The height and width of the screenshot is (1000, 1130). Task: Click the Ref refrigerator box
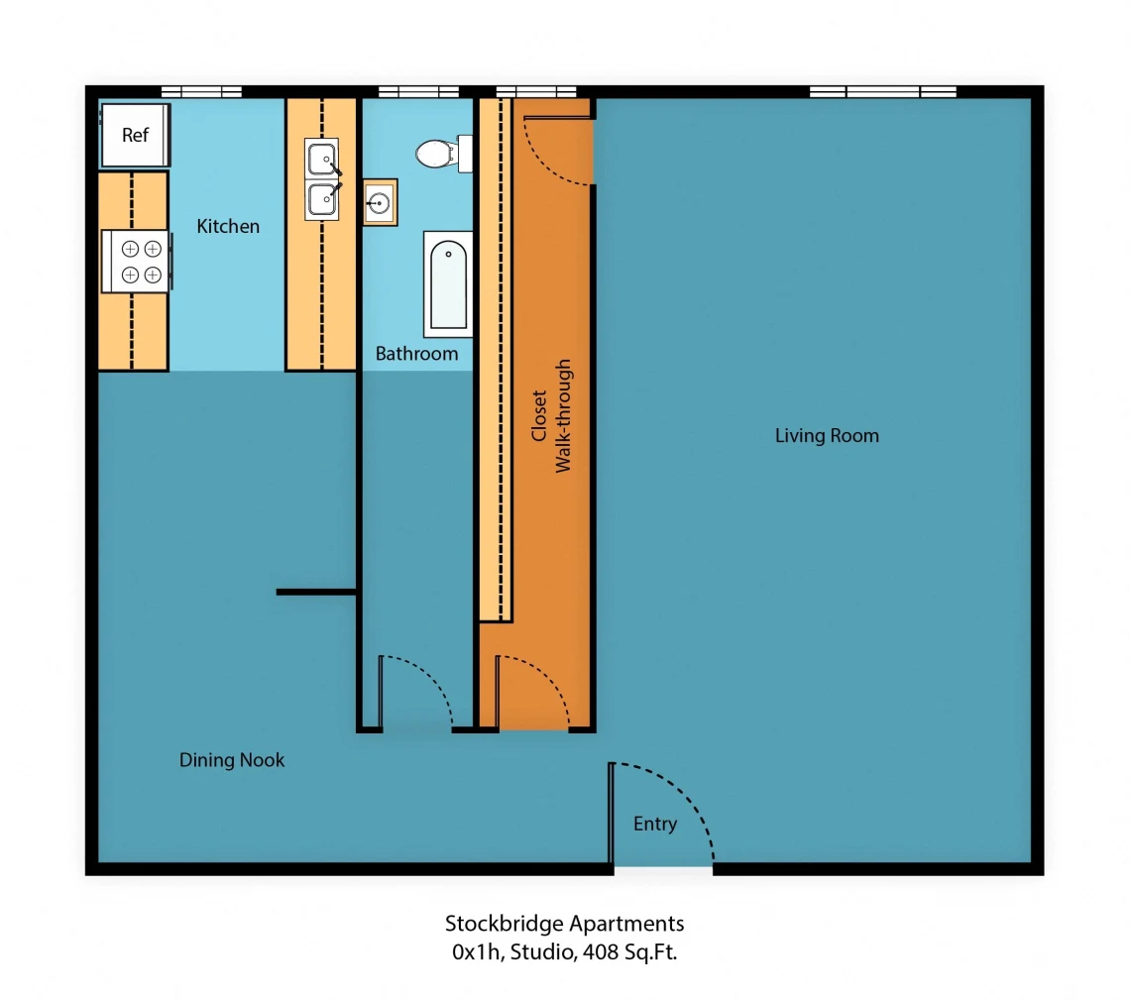point(136,135)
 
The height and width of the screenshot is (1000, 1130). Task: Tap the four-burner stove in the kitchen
point(137,261)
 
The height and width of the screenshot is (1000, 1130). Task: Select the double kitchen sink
point(322,179)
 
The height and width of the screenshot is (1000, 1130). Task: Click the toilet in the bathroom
point(444,154)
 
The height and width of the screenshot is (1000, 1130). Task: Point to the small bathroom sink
point(380,202)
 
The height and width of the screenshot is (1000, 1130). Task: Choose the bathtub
point(448,283)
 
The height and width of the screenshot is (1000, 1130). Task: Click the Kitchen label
point(228,226)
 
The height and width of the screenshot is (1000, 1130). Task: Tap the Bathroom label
point(416,354)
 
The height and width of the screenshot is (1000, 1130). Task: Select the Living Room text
point(827,436)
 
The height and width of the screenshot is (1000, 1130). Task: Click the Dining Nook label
point(231,760)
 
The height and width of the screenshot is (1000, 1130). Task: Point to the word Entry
point(655,825)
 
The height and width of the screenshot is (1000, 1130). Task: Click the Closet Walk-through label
point(551,416)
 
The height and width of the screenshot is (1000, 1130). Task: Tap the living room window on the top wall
point(883,91)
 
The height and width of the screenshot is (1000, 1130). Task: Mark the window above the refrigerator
point(201,91)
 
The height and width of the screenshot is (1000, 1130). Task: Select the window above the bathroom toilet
point(418,91)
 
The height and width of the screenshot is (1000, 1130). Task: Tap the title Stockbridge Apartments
point(564,924)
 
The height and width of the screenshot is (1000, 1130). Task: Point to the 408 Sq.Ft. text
point(629,952)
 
